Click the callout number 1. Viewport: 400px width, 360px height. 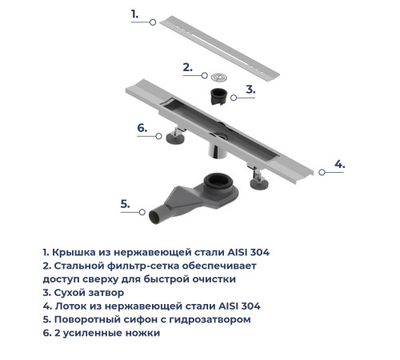click(134, 14)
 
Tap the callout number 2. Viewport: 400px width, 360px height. click(187, 67)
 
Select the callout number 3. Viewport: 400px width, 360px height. click(250, 90)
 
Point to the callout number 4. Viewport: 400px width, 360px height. click(339, 164)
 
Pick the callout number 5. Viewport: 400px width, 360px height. click(125, 204)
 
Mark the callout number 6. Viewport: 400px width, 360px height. click(142, 128)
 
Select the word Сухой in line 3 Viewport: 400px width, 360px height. click(70, 293)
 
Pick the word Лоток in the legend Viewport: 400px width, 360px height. click(72, 306)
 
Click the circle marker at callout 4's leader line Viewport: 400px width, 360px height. click(321, 171)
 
